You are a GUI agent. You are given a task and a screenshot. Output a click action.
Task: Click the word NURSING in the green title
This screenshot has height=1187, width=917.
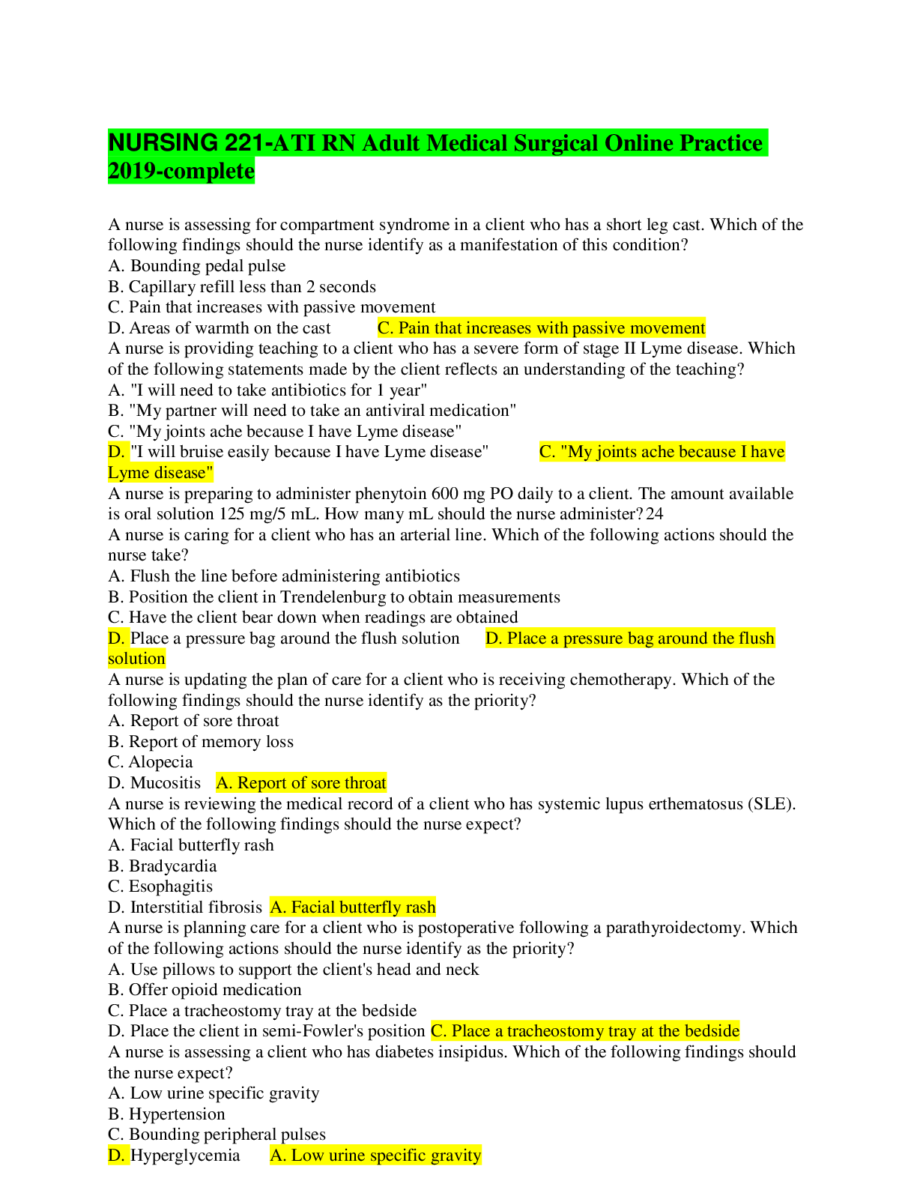163,143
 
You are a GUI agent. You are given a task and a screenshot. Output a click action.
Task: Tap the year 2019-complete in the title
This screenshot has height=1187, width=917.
181,171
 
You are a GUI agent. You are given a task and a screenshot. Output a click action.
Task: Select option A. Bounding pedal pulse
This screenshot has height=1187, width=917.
196,266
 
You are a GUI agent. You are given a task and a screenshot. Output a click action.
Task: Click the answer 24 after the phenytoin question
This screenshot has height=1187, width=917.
655,514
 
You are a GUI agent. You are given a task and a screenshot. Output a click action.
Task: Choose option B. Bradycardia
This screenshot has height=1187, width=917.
163,866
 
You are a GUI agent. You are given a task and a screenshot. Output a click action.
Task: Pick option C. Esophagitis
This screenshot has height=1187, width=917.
160,886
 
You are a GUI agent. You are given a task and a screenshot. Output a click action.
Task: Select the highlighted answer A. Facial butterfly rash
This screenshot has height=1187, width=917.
353,907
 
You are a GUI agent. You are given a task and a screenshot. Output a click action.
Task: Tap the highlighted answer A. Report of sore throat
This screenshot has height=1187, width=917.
301,783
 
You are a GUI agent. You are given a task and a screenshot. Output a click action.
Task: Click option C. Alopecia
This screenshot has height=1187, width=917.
150,762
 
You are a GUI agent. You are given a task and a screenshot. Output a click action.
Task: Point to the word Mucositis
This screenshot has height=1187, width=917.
166,783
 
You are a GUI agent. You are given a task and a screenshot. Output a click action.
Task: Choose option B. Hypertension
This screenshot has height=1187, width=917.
166,1114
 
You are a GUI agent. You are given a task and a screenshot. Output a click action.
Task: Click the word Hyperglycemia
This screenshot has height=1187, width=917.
185,1156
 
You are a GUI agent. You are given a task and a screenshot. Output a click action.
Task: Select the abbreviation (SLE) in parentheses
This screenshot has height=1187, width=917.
772,804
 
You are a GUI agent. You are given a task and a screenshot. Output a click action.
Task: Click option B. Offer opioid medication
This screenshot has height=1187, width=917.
205,990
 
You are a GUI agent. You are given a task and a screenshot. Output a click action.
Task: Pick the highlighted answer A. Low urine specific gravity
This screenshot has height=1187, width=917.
376,1156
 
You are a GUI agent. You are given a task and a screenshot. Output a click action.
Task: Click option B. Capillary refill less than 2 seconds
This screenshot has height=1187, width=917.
242,287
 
